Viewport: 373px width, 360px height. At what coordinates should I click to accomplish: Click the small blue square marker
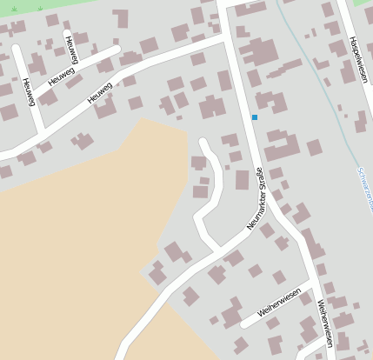[255, 117]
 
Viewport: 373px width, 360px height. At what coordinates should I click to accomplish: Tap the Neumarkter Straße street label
[255, 198]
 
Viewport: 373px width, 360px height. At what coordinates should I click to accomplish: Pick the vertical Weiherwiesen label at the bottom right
[324, 323]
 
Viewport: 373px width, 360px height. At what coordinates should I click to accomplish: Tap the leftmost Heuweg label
[29, 91]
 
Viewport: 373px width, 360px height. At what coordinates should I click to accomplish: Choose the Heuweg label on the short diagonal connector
[62, 77]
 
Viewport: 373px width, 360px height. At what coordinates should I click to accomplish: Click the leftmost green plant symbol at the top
[15, 9]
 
